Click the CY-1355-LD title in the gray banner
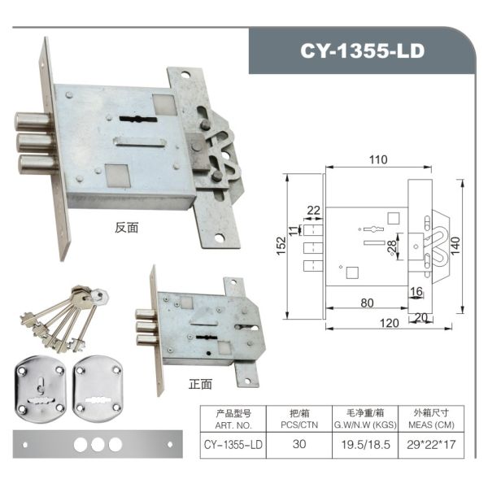362,50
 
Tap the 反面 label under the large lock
126,228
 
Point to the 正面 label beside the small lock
200,384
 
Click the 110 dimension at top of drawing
378,159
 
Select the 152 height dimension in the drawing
281,246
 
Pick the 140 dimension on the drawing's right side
455,246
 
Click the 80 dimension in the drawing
367,303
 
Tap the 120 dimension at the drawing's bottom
389,323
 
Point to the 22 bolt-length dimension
313,211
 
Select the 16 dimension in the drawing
416,292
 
